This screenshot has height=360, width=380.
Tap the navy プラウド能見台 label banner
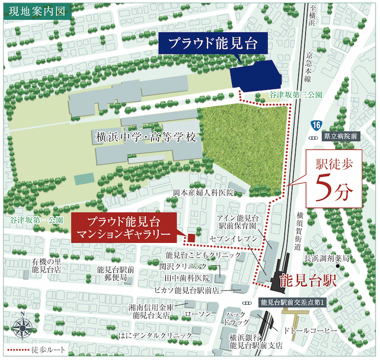point(213,44)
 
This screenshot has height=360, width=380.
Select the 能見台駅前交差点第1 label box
point(291,302)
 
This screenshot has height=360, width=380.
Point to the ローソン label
point(197,314)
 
